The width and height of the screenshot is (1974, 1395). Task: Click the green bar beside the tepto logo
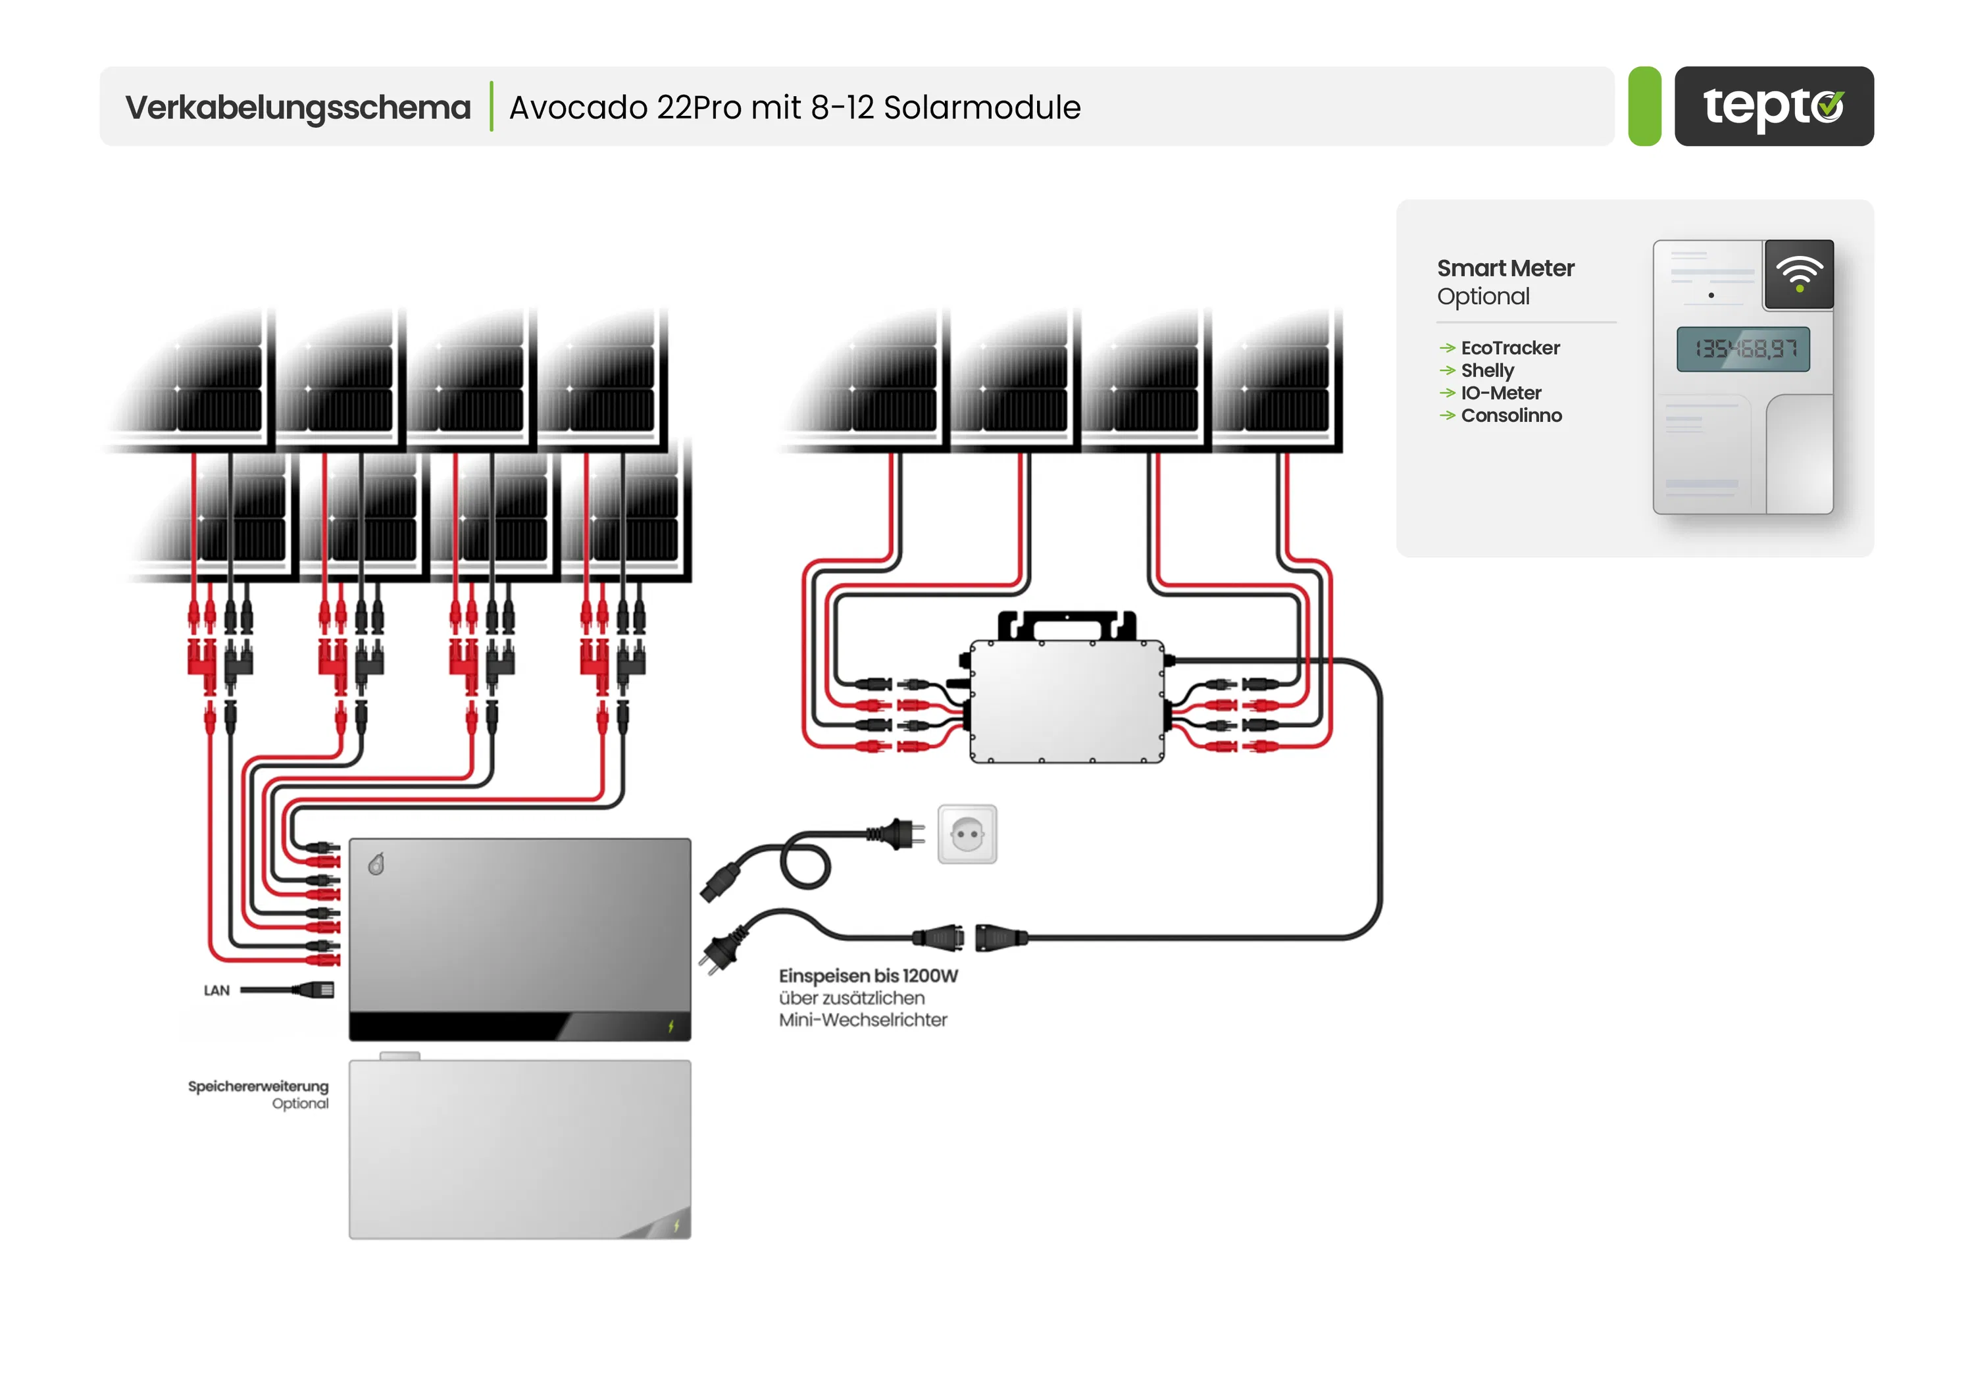point(1644,107)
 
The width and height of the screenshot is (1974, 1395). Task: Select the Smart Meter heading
point(1506,268)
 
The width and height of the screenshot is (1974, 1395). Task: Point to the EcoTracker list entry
point(1509,348)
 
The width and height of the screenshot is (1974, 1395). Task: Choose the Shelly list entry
point(1487,370)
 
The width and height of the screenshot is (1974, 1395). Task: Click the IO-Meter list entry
point(1500,393)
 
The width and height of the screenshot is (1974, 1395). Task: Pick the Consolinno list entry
point(1511,416)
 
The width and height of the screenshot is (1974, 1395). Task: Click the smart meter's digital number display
point(1743,349)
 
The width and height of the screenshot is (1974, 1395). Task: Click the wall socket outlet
point(967,834)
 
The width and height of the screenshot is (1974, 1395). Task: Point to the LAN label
point(216,990)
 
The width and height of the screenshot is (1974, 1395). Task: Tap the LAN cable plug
point(315,990)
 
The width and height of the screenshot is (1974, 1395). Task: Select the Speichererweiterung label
point(258,1086)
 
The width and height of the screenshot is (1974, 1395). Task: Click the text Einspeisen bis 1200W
point(867,977)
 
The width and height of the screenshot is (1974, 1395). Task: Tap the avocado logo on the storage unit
point(376,864)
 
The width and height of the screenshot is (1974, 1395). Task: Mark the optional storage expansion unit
point(519,1149)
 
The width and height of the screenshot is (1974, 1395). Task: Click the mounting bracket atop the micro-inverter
point(1066,625)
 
